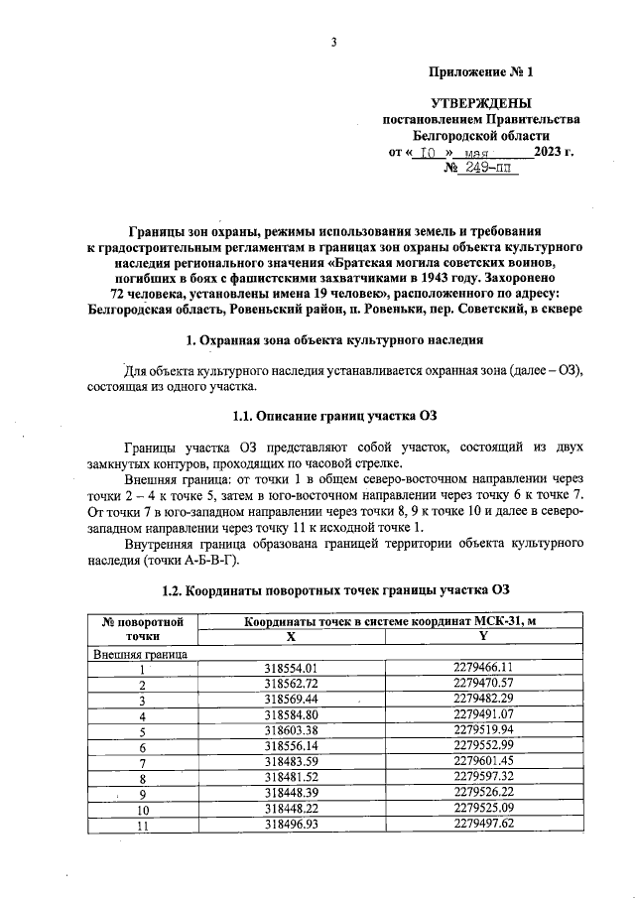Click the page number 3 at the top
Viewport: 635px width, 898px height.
pos(334,41)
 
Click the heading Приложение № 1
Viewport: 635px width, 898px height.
pos(480,72)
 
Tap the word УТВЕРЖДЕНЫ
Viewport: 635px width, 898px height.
pos(481,103)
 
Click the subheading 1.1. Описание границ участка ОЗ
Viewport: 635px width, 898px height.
pos(334,414)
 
